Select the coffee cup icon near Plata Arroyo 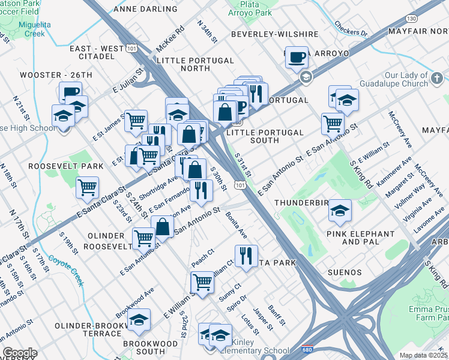point(296,58)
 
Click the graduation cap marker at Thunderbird point(340,211)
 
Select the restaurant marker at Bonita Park point(246,256)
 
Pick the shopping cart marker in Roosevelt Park point(88,188)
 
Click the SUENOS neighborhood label point(345,272)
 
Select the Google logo point(20,353)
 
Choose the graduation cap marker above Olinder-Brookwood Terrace point(139,320)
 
